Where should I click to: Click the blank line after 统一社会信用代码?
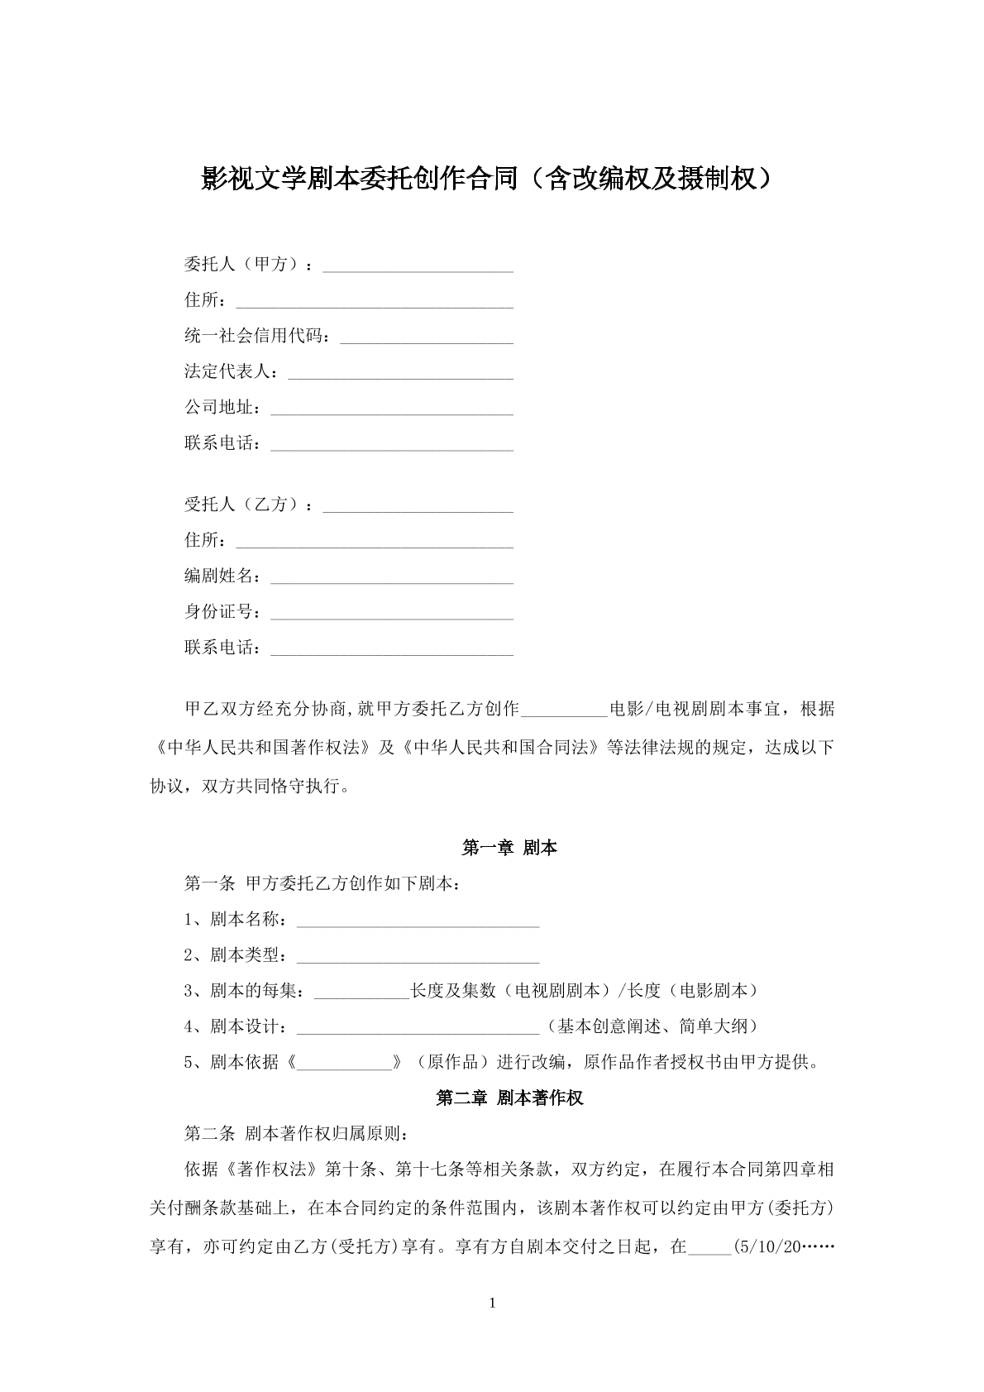click(x=427, y=337)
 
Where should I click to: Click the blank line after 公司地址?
click(x=392, y=409)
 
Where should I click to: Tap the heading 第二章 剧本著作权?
click(x=509, y=1098)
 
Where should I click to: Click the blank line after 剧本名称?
click(x=418, y=921)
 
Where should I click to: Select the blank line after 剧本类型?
click(x=418, y=956)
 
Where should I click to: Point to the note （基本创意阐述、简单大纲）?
click(x=652, y=1026)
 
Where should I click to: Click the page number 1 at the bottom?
click(x=493, y=1304)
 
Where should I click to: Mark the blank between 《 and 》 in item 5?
click(x=344, y=1063)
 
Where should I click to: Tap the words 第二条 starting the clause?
click(x=209, y=1133)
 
